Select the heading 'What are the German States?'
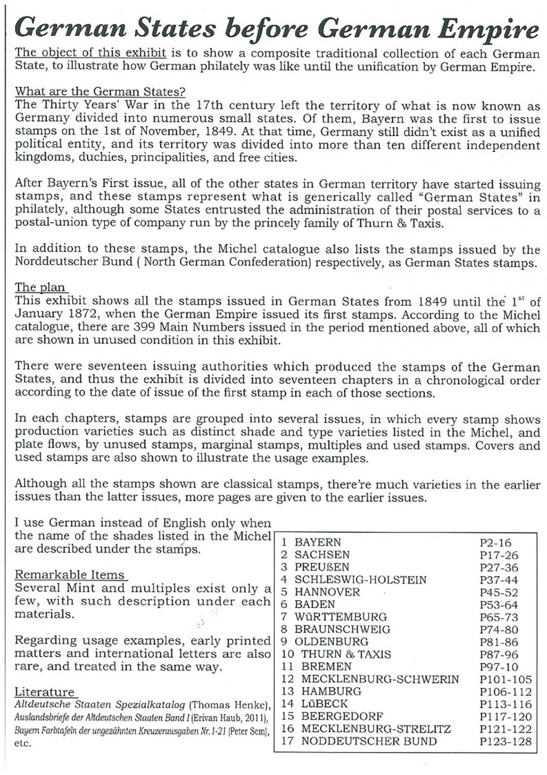click(x=100, y=91)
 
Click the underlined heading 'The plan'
click(x=40, y=287)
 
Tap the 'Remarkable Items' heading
click(x=70, y=575)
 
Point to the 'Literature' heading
click(x=45, y=692)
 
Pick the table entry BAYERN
click(x=318, y=542)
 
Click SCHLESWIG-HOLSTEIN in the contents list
click(x=360, y=580)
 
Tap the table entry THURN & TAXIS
click(x=346, y=654)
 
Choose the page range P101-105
click(x=505, y=680)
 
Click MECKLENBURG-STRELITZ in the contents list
click(x=376, y=729)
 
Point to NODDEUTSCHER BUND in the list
click(x=369, y=742)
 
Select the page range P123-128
click(x=505, y=742)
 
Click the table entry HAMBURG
click(x=331, y=692)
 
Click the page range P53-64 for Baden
click(x=499, y=605)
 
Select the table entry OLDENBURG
click(x=331, y=642)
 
